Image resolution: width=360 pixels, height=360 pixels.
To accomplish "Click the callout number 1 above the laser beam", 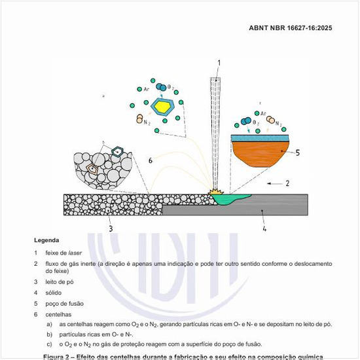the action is (x=219, y=63).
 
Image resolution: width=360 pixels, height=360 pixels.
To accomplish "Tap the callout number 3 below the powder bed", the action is (x=111, y=228).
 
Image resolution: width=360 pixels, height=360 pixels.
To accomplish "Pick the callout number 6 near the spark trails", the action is (x=150, y=160).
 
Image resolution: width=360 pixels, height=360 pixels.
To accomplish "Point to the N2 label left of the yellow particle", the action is (x=146, y=121).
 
